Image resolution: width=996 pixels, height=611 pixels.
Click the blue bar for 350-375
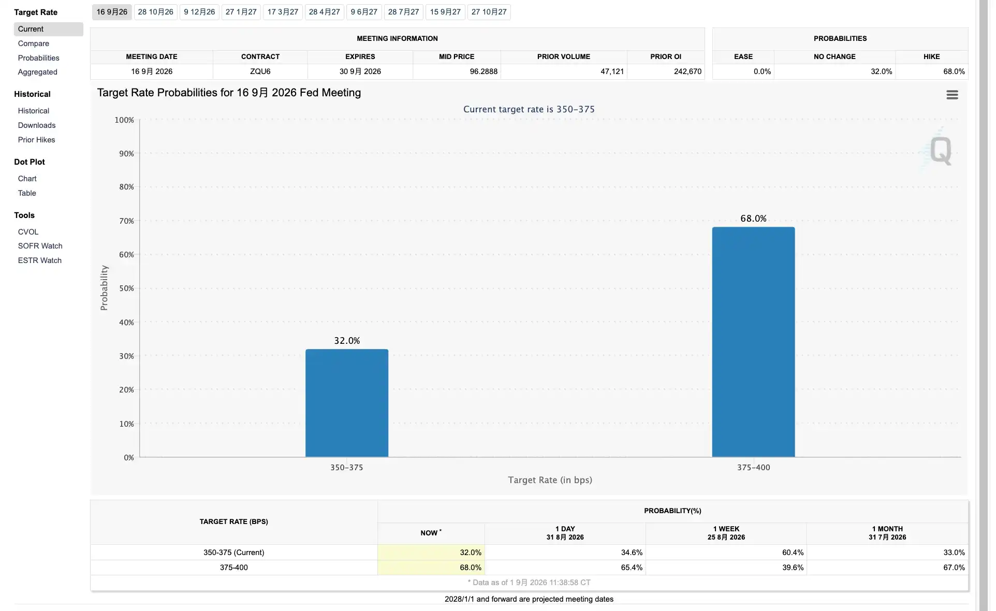[347, 403]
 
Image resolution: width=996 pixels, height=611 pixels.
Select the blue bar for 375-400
[753, 342]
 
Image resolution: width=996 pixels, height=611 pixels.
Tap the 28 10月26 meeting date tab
[156, 12]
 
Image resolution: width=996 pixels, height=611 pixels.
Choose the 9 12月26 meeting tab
[199, 12]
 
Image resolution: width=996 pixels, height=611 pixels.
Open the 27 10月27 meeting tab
[489, 12]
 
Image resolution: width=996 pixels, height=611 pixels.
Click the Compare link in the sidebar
[34, 43]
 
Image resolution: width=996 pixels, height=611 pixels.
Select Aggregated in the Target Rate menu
[38, 72]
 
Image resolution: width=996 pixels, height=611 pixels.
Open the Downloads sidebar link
[37, 125]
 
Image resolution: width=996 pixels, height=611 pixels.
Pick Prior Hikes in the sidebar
[37, 140]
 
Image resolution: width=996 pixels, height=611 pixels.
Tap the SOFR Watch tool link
[40, 246]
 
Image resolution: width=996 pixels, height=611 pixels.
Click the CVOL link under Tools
[28, 232]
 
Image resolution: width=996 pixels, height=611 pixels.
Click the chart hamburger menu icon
[952, 95]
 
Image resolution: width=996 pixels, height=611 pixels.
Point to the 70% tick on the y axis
[127, 221]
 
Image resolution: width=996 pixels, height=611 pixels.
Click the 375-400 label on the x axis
[753, 468]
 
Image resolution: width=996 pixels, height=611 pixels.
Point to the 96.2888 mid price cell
[484, 71]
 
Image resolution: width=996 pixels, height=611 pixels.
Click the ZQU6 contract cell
[260, 71]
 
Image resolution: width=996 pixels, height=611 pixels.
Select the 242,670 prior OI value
[687, 71]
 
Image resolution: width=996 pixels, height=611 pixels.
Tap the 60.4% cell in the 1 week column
[793, 552]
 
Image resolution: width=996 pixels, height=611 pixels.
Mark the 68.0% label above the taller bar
[753, 219]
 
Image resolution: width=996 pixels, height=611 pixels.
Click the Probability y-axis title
[104, 288]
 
